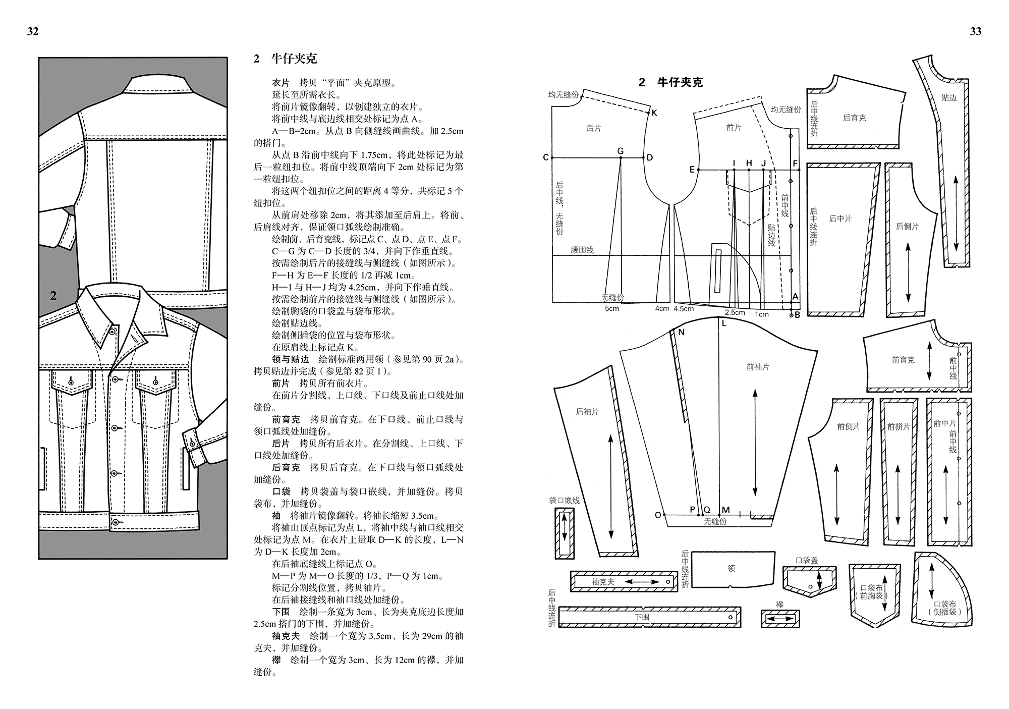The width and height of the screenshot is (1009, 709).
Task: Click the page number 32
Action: pos(33,31)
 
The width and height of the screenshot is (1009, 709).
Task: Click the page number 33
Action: pos(976,31)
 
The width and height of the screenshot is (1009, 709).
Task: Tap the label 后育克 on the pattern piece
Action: pos(854,118)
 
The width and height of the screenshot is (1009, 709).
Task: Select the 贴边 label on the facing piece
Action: pos(948,98)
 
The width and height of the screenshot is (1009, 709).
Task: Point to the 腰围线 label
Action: pos(582,250)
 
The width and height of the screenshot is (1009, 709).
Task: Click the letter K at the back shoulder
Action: pos(654,113)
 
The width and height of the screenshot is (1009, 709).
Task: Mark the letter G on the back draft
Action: pos(621,151)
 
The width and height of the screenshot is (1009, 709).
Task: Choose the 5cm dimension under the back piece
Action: pos(612,308)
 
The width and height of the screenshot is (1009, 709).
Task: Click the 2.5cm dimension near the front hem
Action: pos(735,312)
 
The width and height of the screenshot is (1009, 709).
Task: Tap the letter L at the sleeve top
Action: pos(724,323)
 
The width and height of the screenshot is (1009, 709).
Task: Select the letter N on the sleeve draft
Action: pos(682,332)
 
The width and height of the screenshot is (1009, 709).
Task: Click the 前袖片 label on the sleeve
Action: pos(757,367)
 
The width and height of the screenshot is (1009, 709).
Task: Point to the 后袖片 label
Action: pos(587,411)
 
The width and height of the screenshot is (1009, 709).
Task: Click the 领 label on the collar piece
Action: pos(731,568)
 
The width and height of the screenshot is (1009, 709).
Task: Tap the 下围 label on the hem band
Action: pos(642,617)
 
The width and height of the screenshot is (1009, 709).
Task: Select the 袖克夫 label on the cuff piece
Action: pos(603,582)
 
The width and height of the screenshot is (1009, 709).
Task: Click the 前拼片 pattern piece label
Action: pos(898,426)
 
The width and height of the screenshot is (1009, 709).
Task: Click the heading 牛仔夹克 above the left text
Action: pos(294,59)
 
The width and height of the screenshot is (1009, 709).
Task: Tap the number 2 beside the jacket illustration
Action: pos(53,296)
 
